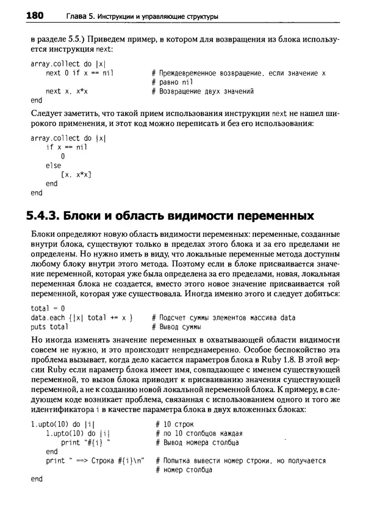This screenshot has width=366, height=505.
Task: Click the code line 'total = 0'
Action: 48,308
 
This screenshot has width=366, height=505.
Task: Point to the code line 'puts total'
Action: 49,327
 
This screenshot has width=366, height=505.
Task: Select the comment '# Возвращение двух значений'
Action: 202,92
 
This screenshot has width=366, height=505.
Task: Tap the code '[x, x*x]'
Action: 76,175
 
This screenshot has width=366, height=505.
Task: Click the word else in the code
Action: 53,165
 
